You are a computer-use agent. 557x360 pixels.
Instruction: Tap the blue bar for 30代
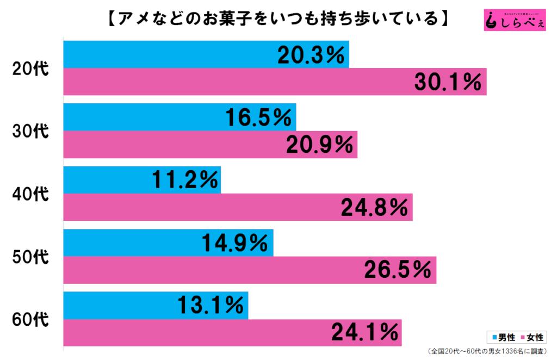coord(141,117)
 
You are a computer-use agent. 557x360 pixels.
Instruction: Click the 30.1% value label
coord(448,82)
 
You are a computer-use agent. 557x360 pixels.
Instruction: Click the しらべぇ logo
coord(514,20)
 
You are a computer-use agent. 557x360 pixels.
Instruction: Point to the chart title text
coord(278,19)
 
